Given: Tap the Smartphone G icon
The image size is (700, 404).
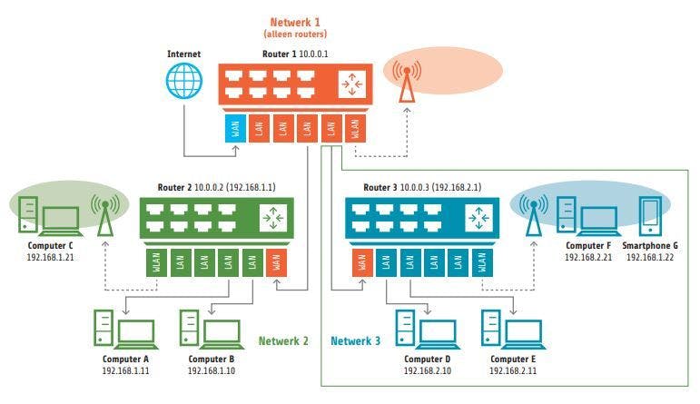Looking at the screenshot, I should (649, 214).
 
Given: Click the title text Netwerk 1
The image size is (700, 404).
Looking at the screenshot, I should (296, 20).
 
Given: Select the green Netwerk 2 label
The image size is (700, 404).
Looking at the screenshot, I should (283, 341).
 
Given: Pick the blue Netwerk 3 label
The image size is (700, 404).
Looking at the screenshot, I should (356, 341).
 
